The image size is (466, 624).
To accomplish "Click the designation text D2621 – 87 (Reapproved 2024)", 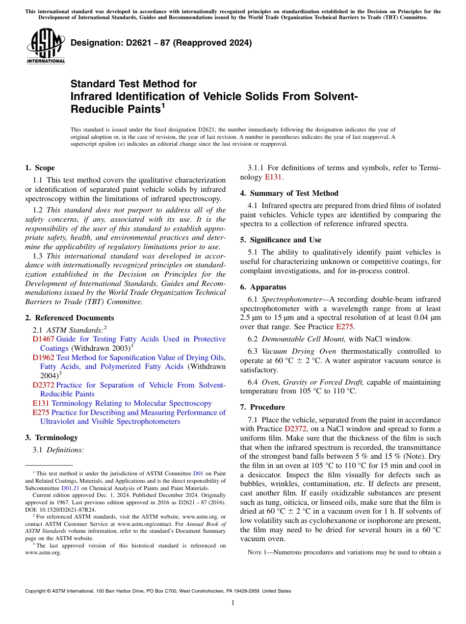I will pyautogui.click(x=161, y=43).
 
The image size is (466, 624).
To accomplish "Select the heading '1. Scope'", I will pyautogui.click(x=40, y=168).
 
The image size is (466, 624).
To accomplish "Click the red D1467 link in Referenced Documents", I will pyautogui.click(x=43, y=339).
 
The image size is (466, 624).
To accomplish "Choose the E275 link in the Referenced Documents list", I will pyautogui.click(x=41, y=413).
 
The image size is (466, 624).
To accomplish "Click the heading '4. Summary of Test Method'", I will pyautogui.click(x=289, y=193).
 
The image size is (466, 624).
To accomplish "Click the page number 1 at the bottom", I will pyautogui.click(x=233, y=603).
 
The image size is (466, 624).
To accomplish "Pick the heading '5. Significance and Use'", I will pyautogui.click(x=281, y=240).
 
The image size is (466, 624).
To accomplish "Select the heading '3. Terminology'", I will pyautogui.click(x=52, y=437).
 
